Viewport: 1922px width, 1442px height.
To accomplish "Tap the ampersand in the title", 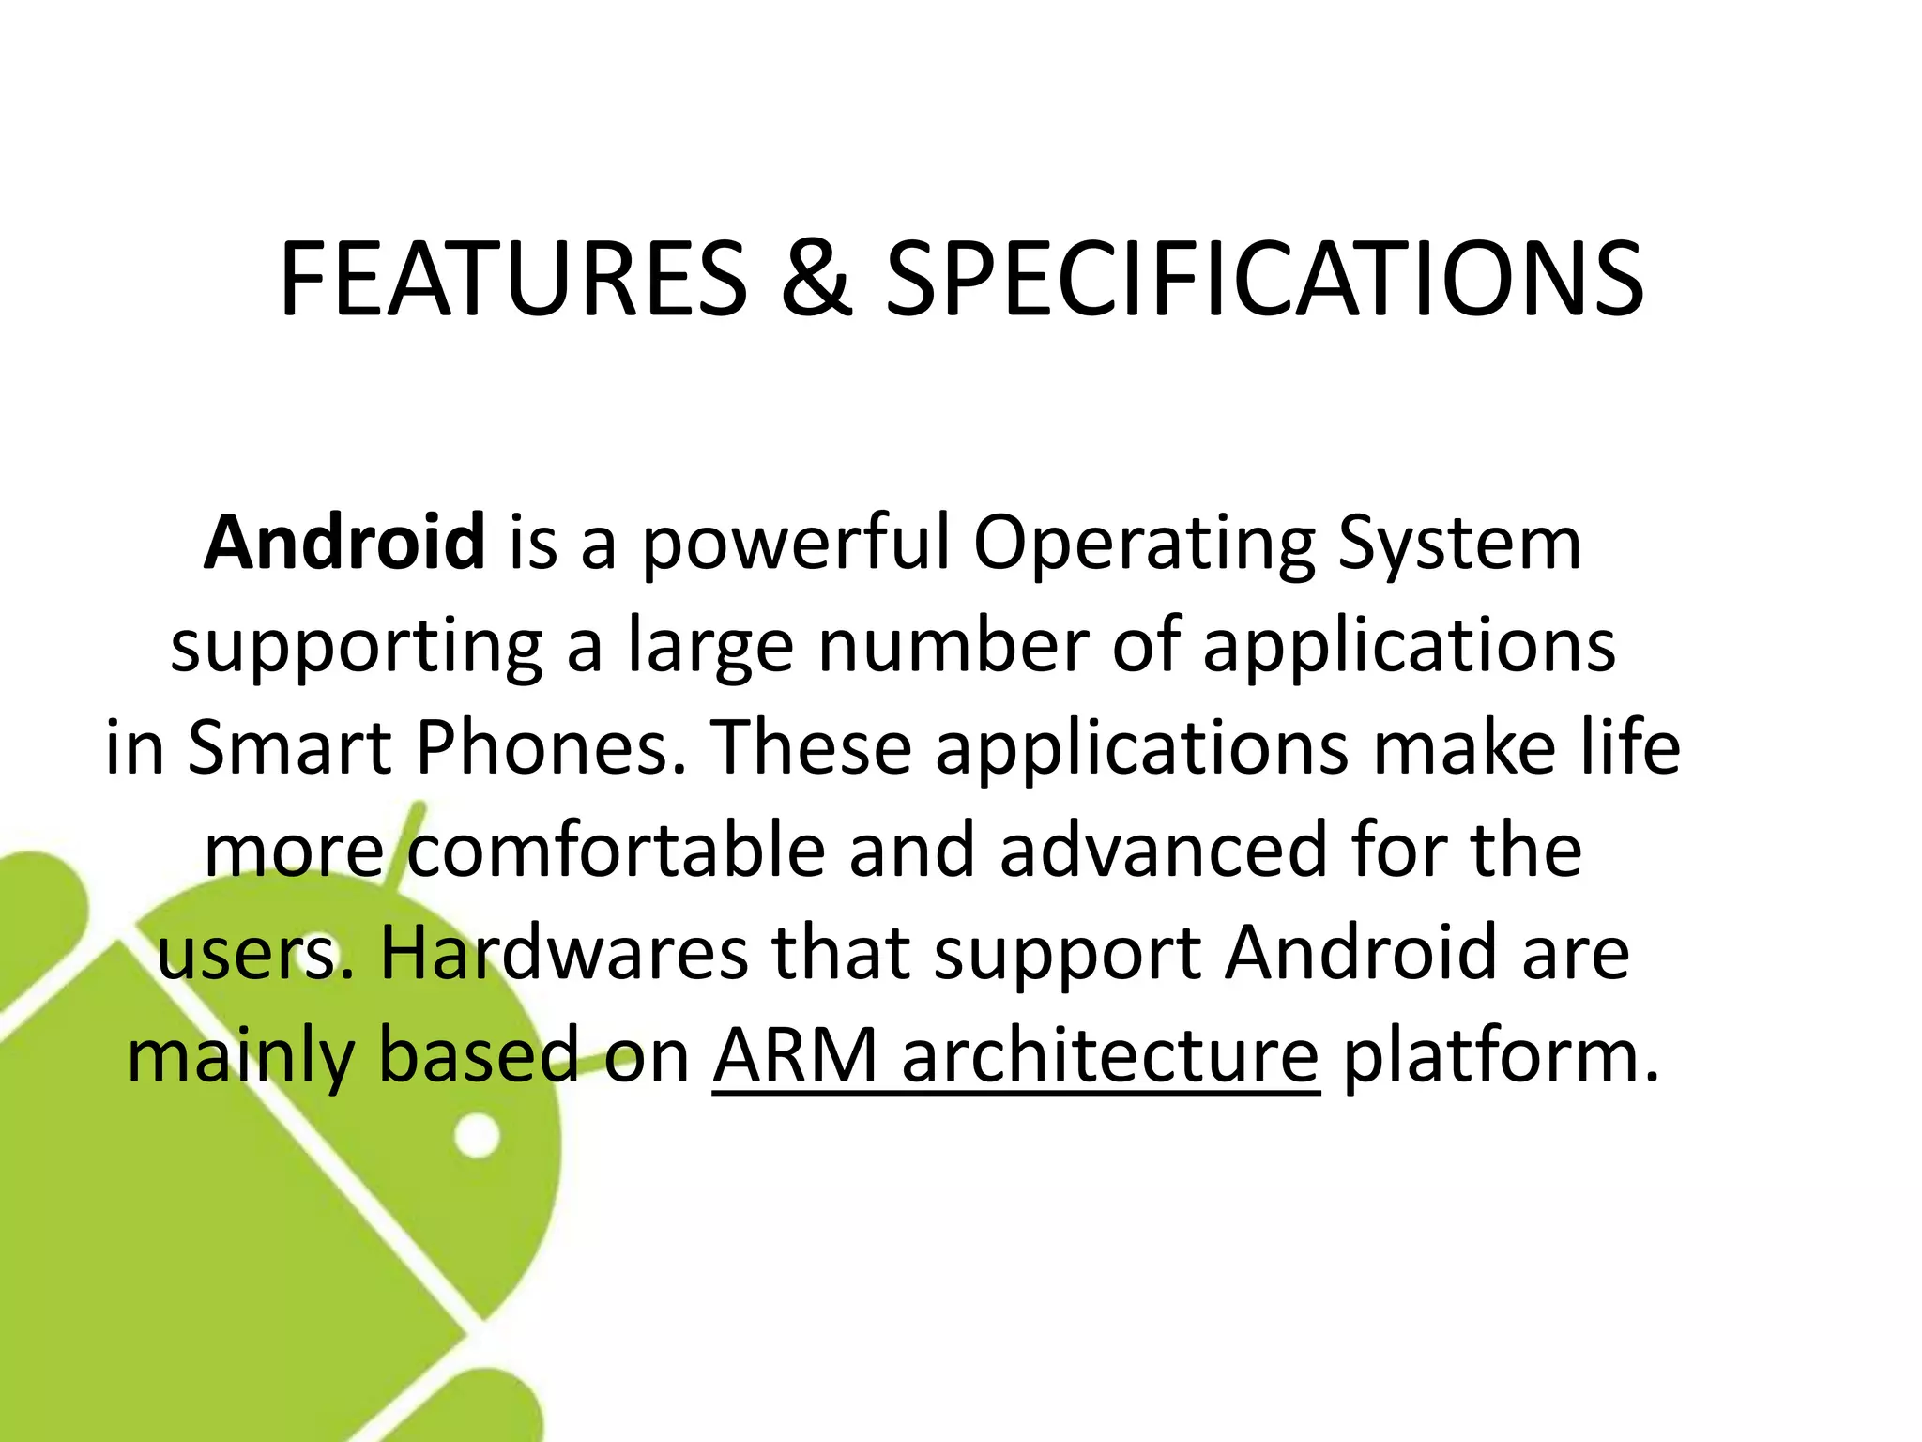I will [x=816, y=280].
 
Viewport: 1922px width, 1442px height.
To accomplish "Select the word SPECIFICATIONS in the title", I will [x=1264, y=280].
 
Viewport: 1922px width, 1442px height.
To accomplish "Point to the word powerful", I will [x=796, y=545].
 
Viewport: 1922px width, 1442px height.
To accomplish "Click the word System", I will [x=1459, y=545].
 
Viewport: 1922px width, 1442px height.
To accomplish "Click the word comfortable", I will [x=617, y=851].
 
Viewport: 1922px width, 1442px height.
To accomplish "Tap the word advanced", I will [x=1163, y=851].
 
